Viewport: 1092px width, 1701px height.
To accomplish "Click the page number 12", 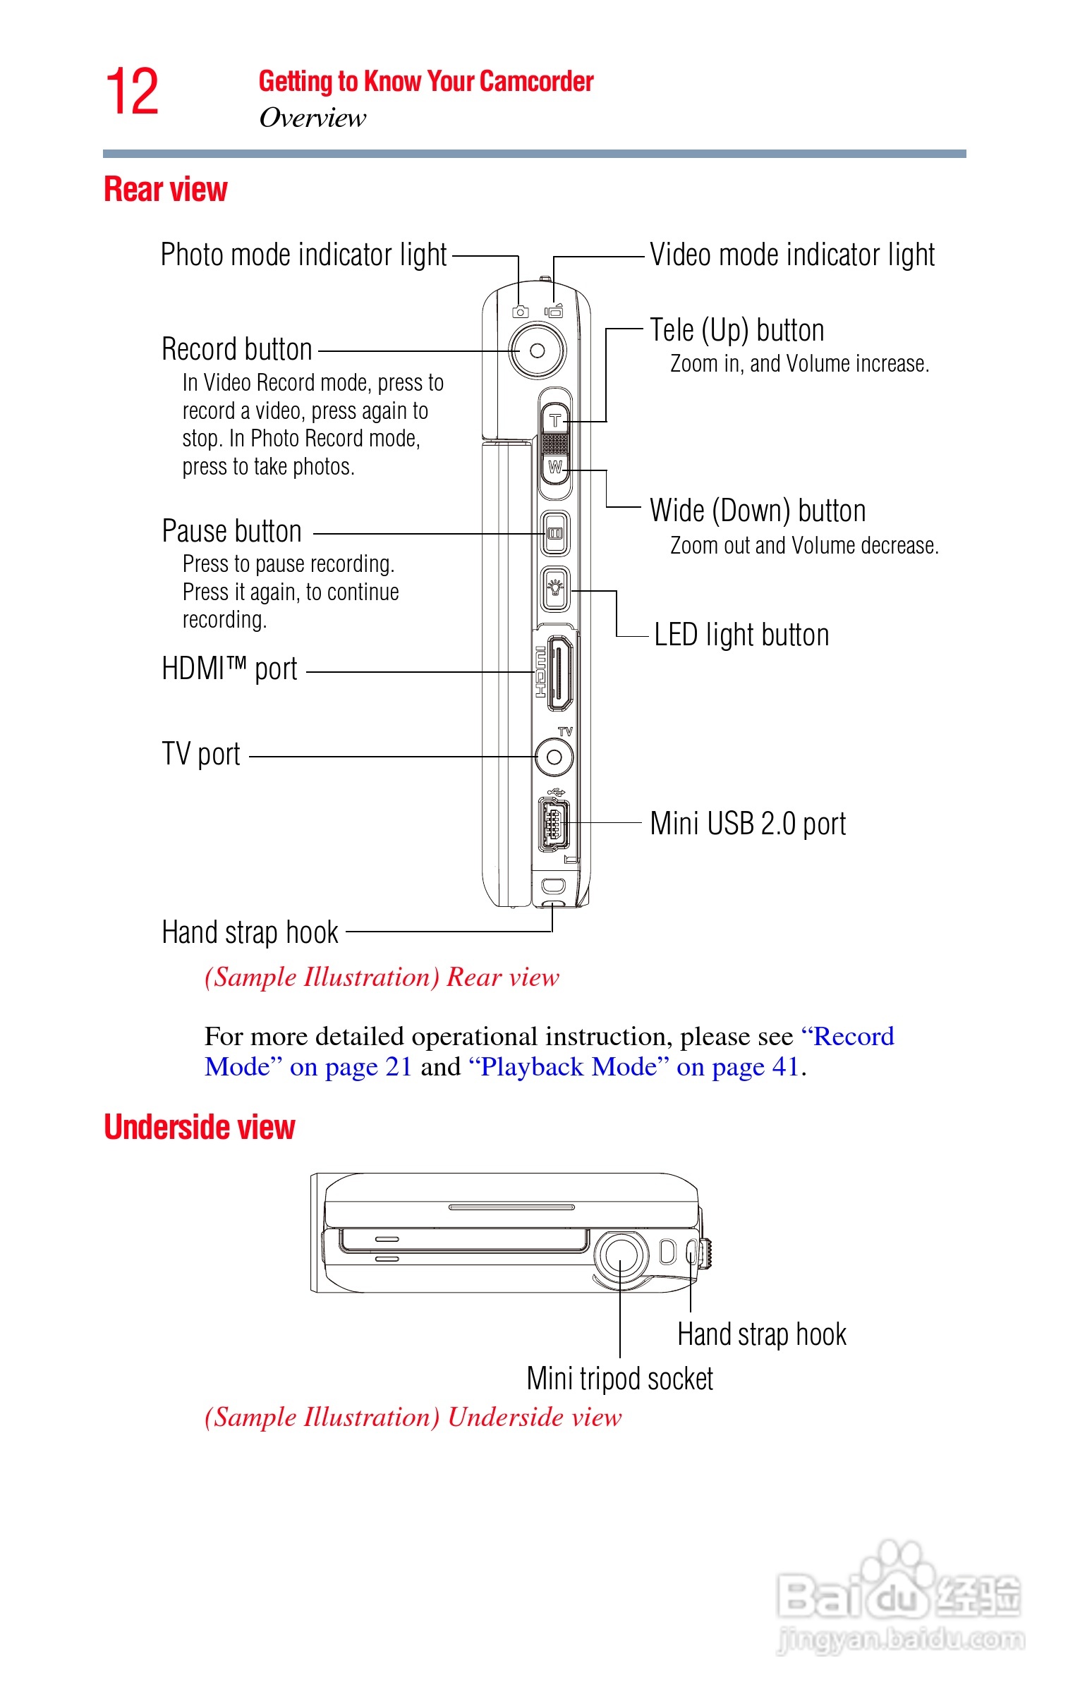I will click(x=132, y=92).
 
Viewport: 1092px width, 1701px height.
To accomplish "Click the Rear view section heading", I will click(x=165, y=189).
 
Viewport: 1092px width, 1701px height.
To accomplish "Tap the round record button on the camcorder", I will click(x=537, y=350).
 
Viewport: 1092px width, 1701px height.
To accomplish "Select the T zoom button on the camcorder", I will click(x=555, y=420).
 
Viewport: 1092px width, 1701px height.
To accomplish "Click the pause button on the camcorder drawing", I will click(x=555, y=533).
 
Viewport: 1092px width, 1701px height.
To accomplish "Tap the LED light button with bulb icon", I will click(x=555, y=588).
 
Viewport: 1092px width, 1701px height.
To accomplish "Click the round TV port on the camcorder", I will click(x=554, y=757).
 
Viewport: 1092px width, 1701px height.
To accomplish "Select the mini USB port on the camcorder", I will click(x=554, y=824).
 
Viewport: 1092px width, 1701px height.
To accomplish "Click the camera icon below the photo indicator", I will click(x=521, y=312).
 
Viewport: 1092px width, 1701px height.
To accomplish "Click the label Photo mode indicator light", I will click(x=303, y=255).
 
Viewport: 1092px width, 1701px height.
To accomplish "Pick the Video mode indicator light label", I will click(x=792, y=255).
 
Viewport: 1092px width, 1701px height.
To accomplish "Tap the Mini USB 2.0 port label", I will click(x=747, y=824).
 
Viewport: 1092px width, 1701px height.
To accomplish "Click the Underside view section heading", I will click(x=199, y=1127).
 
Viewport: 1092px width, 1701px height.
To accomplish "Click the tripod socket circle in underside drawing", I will click(x=621, y=1255).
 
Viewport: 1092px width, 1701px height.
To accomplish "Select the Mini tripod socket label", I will click(x=620, y=1379).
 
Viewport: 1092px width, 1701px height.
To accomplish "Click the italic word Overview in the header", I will click(x=313, y=118).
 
